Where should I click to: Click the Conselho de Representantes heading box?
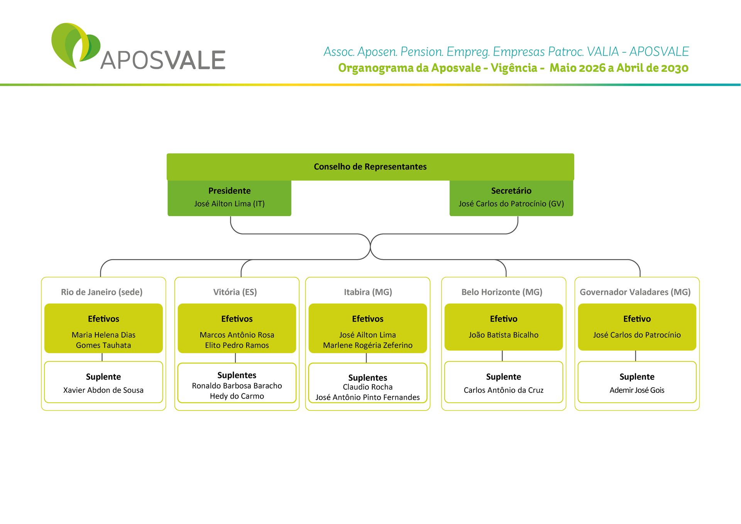click(x=370, y=167)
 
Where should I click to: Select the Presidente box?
click(x=229, y=198)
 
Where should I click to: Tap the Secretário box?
click(x=511, y=198)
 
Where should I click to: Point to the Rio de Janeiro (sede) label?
click(x=102, y=292)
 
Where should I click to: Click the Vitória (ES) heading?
click(x=235, y=292)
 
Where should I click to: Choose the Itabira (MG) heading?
click(x=368, y=292)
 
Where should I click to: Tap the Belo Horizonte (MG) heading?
click(x=502, y=292)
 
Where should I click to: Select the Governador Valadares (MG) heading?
click(x=635, y=292)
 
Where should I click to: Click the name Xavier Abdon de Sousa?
click(x=103, y=390)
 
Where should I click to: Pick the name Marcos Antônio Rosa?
click(x=237, y=335)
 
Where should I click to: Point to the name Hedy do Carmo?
click(x=237, y=396)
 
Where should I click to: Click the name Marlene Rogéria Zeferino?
click(x=368, y=345)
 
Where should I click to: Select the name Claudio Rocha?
click(x=368, y=387)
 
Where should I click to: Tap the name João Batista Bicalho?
click(x=504, y=335)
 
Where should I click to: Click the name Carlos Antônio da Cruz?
click(x=504, y=390)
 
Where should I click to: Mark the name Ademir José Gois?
click(x=637, y=390)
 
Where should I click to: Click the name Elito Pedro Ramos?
click(x=237, y=345)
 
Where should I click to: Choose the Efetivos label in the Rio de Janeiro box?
click(x=103, y=319)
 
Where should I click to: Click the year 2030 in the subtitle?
click(x=675, y=68)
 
